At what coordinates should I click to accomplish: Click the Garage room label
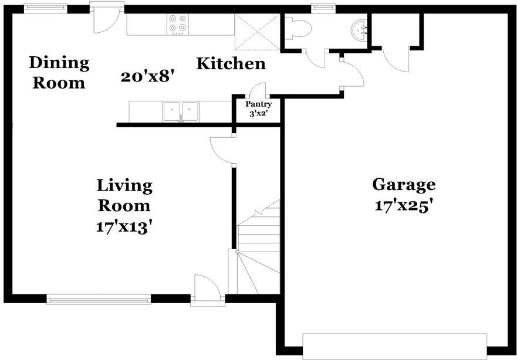404,184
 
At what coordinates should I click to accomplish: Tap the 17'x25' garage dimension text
404,206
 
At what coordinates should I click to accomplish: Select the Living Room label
124,195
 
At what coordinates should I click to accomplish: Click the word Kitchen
231,63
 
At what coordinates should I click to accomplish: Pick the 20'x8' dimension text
148,76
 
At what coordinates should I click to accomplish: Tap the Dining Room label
59,72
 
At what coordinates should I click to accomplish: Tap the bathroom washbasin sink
359,28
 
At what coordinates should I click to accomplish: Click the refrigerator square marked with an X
256,31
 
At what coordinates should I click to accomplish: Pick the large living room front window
99,300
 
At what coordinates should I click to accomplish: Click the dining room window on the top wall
45,8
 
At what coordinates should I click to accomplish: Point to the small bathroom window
321,8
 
